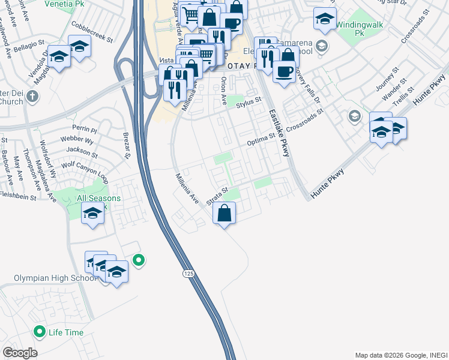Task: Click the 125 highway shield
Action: click(189, 273)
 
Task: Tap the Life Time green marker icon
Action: click(40, 331)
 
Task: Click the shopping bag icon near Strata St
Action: click(224, 214)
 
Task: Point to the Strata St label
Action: click(218, 196)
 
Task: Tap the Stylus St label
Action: click(249, 104)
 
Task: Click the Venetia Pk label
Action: click(64, 4)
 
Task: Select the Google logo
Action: click(20, 353)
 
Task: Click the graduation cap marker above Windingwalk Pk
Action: click(325, 19)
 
